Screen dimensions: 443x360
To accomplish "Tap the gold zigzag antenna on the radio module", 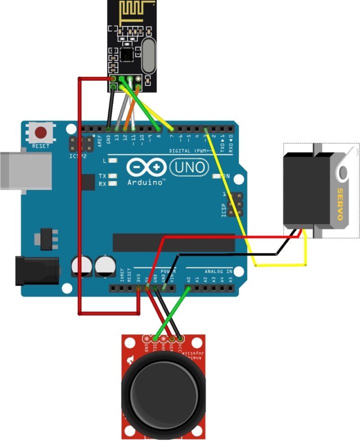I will tap(132, 12).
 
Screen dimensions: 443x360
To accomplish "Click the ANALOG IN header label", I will tap(215, 271).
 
